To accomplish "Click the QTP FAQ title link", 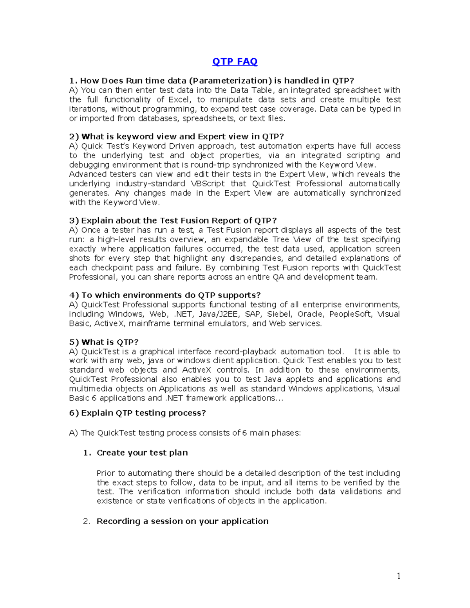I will click(x=235, y=61).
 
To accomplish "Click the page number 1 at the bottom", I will click(x=399, y=576).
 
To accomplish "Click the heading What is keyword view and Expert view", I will click(x=176, y=137).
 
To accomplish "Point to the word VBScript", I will click(x=208, y=184).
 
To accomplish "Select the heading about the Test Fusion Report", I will click(x=173, y=220).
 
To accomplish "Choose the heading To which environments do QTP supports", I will click(x=165, y=295).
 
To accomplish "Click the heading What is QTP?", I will click(x=104, y=342).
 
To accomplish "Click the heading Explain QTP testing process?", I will click(x=137, y=413).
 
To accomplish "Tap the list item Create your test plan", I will click(x=142, y=453).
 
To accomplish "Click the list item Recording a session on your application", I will click(x=183, y=521).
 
